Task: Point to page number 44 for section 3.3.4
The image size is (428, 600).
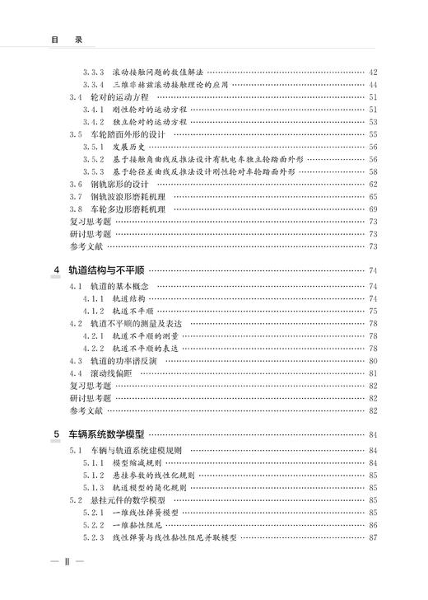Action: point(373,84)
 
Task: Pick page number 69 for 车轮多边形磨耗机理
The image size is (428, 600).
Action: point(373,209)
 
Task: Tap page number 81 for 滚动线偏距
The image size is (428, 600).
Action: point(373,373)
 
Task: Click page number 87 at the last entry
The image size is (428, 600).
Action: point(373,537)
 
